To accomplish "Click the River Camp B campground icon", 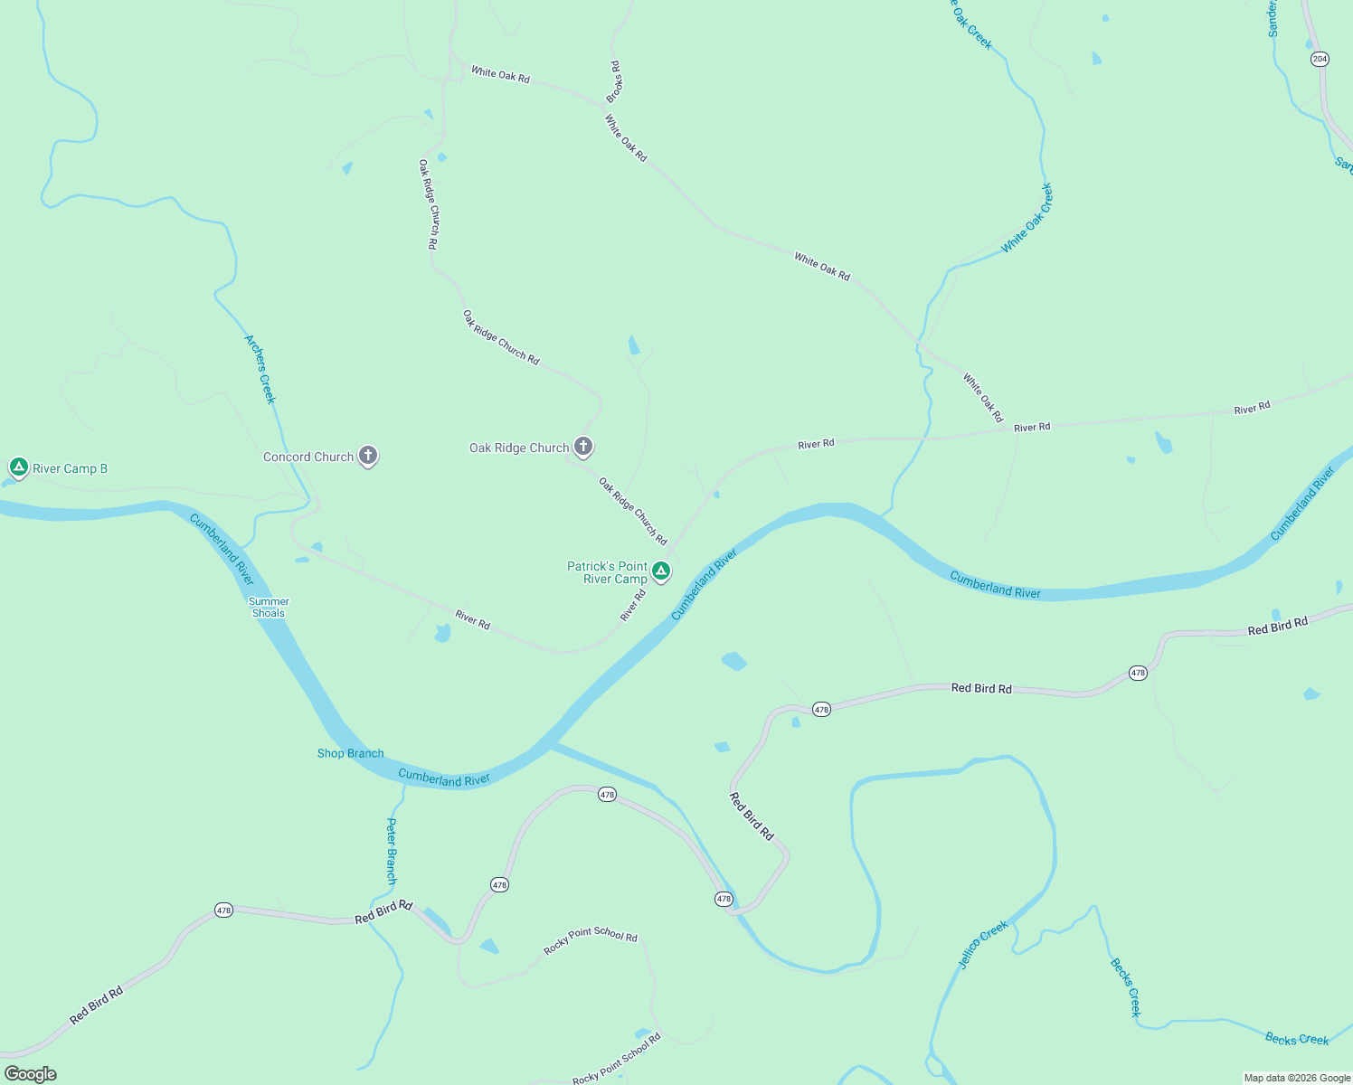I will click(18, 467).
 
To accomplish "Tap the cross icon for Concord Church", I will click(367, 456).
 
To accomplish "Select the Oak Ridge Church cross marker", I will click(583, 446).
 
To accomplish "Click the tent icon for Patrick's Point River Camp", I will click(661, 571).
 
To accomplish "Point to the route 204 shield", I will click(1320, 59).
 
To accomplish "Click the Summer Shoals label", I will click(269, 608).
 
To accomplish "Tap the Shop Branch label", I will click(350, 753).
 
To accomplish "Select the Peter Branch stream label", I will click(391, 851).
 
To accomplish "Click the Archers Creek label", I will click(260, 369).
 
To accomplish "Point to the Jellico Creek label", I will click(983, 945).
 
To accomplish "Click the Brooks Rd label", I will click(615, 81).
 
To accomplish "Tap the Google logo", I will click(30, 1074).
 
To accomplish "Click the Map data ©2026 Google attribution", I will click(1297, 1078).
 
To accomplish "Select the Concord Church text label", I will click(308, 458).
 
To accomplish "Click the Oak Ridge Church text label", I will click(519, 448).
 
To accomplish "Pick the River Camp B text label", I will click(70, 468).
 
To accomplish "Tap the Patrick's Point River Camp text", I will click(607, 572).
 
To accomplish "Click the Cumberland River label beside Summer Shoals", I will click(222, 549).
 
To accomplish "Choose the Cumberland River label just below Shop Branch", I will click(443, 778).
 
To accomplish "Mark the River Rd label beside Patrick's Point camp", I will click(633, 605).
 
